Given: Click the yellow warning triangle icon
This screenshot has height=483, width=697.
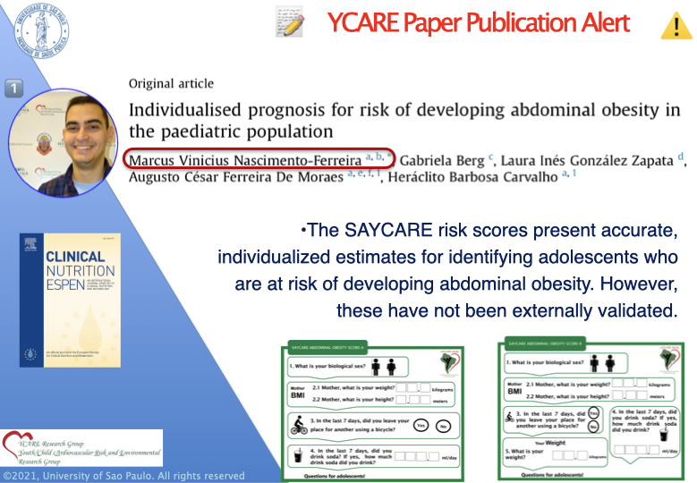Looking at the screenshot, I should (x=673, y=25).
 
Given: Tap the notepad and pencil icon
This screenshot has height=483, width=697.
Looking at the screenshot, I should (x=288, y=22).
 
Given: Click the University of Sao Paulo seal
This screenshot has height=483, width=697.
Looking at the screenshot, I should (x=53, y=39).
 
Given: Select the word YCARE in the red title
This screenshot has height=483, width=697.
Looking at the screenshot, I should (x=363, y=23).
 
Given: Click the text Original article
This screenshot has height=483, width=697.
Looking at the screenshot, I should (x=171, y=84).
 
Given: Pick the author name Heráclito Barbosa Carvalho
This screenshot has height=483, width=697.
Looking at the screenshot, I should (x=475, y=177).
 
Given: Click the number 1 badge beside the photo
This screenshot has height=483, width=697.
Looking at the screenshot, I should (x=15, y=87).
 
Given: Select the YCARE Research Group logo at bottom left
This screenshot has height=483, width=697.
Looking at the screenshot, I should (x=81, y=448).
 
